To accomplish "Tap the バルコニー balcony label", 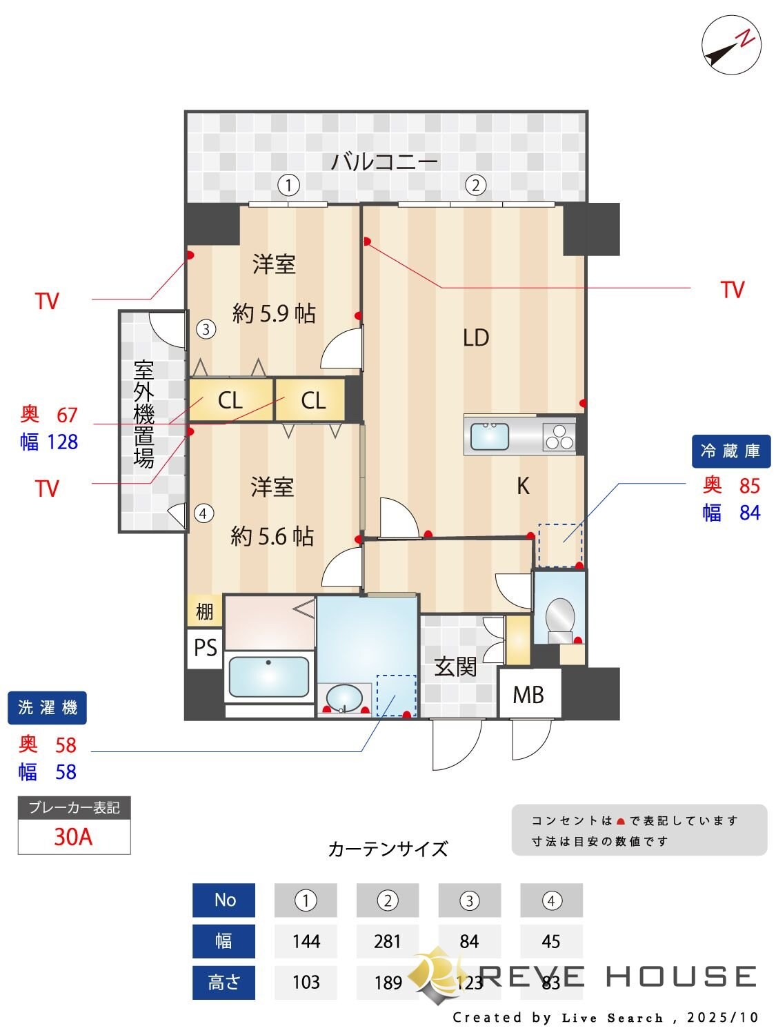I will [x=384, y=162].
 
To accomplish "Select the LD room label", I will [x=476, y=337].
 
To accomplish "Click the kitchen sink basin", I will [x=490, y=436].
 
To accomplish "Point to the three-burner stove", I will [x=559, y=436].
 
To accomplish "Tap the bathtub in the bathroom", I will [x=268, y=677].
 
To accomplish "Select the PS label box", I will [x=205, y=648].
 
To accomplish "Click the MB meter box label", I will [x=528, y=694].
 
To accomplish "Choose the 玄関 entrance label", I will [x=455, y=667].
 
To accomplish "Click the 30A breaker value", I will [x=73, y=837].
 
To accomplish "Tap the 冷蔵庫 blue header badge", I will [x=730, y=451].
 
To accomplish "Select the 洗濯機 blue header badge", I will [x=47, y=707].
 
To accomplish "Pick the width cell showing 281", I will [x=387, y=941].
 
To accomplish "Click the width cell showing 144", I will [x=306, y=941].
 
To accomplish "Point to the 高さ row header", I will [x=223, y=982].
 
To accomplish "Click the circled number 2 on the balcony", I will [x=475, y=185].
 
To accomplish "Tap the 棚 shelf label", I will [x=204, y=611].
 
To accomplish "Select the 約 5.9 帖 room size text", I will [x=274, y=314].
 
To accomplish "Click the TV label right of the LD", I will [x=732, y=290].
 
